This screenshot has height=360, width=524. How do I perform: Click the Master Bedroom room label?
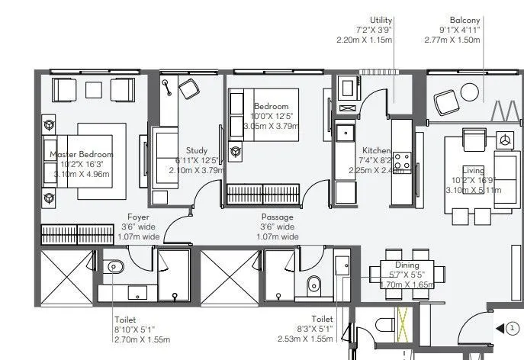click(81, 154)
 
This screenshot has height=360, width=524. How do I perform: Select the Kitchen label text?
click(376, 150)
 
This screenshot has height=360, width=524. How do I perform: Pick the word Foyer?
click(138, 217)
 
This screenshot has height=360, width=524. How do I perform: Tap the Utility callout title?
click(381, 20)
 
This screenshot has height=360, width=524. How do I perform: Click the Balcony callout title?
click(465, 20)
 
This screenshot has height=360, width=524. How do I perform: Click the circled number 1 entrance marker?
click(512, 328)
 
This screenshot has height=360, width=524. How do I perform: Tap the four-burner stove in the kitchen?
click(401, 161)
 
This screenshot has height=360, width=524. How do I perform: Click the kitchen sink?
click(346, 132)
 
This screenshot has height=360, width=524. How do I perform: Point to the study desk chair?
click(188, 89)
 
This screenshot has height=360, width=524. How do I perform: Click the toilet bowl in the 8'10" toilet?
click(114, 267)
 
